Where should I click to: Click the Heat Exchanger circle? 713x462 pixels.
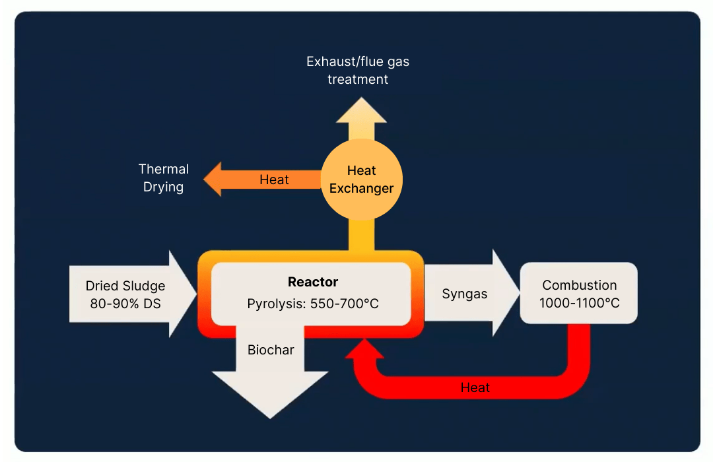point(361,179)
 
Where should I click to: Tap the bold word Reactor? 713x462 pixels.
point(313,282)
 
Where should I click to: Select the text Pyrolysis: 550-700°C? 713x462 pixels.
point(313,304)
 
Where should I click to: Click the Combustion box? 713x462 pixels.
point(579,293)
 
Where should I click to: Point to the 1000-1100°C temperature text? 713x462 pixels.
point(579,304)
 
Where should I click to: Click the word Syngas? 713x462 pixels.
point(465,294)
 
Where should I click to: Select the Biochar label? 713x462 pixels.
point(271,350)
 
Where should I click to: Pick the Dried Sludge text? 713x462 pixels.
point(125,286)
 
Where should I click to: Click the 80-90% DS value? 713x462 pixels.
point(125,304)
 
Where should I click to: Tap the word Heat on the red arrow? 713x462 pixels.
point(475,387)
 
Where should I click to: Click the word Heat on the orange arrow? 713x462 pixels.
point(274,180)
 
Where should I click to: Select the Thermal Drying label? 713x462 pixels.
point(163,178)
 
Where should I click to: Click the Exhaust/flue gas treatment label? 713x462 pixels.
point(358,71)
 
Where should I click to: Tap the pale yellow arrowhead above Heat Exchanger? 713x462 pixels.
point(361,111)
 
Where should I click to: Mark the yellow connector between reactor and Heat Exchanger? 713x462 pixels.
point(361,234)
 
